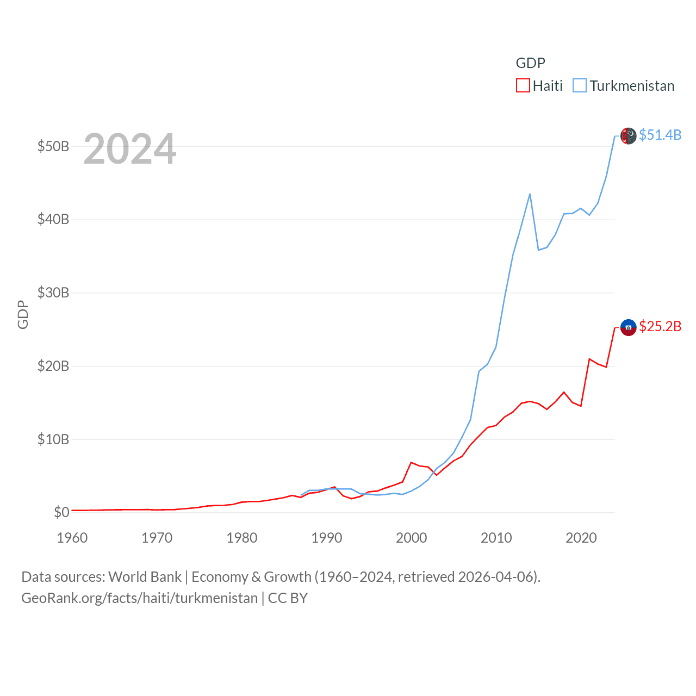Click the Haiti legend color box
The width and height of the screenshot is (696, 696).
tap(523, 86)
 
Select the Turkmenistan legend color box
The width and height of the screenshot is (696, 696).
tap(580, 86)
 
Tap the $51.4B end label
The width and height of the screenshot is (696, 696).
tap(660, 135)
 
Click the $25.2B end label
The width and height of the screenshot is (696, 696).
tap(660, 326)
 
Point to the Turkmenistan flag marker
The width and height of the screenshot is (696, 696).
tap(629, 136)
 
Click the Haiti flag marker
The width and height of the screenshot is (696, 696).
tap(629, 327)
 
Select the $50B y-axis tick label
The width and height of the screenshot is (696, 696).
tap(53, 146)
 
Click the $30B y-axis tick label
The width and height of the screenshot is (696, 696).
tap(53, 293)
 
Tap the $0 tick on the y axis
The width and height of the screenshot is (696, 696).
tap(61, 512)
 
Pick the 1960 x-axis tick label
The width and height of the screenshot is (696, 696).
tap(72, 538)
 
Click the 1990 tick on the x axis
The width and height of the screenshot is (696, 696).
tap(327, 538)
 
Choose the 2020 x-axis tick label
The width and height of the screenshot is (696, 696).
tap(581, 538)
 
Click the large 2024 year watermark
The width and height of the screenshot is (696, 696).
tap(130, 149)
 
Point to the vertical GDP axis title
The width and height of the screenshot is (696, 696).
tap(23, 314)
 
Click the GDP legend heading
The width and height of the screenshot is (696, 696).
tap(530, 63)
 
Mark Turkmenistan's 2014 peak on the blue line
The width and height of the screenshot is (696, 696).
tap(530, 194)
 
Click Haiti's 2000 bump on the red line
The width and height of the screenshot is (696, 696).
tap(412, 463)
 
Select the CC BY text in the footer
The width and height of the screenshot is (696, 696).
tap(288, 598)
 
